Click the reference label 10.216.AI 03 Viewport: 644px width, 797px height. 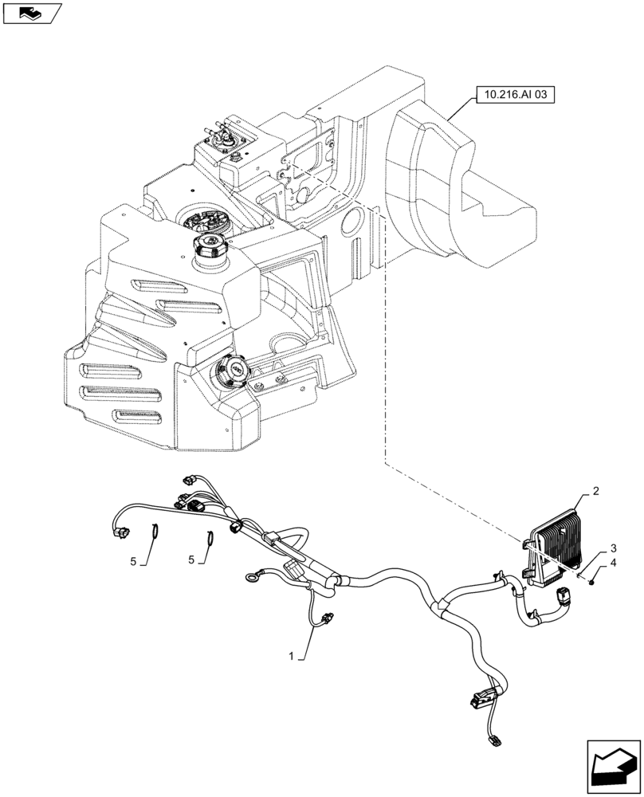514,95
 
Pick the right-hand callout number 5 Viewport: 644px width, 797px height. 192,559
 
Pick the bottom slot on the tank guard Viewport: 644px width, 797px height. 139,417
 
